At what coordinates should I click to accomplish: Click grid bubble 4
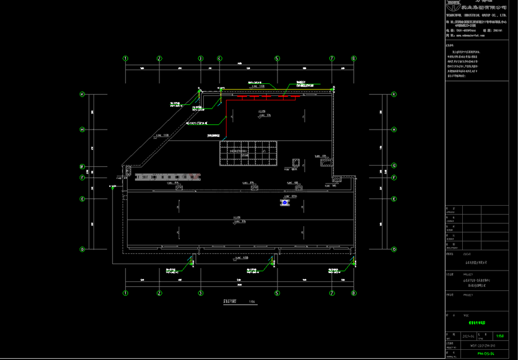click(219, 58)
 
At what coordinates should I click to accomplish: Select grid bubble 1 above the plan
click(126, 58)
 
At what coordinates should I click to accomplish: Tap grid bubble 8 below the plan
click(354, 293)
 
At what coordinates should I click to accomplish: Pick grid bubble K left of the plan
click(83, 94)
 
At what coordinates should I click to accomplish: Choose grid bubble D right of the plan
click(394, 249)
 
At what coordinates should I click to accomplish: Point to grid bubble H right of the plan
click(394, 129)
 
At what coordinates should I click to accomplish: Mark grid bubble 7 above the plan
click(332, 58)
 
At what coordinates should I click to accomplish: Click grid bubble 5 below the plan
click(277, 293)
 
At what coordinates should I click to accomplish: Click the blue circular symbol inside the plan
click(284, 203)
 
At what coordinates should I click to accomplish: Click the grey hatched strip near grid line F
click(168, 176)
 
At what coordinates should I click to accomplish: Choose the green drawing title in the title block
click(472, 322)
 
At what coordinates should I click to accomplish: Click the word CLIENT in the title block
click(451, 253)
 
